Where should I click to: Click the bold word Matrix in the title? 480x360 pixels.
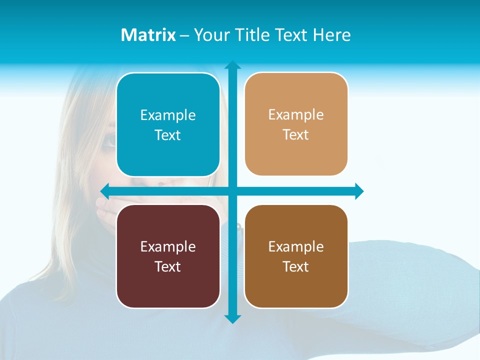point(148,35)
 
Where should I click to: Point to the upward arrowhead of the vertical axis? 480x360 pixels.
point(232,65)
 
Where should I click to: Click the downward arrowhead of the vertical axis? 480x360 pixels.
point(232,318)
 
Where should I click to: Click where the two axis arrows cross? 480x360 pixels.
point(232,191)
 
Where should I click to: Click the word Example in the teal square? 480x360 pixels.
point(168,115)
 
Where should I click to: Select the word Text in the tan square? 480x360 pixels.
point(296,135)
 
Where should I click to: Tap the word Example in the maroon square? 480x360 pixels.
point(168,246)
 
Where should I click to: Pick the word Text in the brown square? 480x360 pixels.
point(296,266)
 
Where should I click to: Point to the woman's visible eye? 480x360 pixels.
point(109,141)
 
